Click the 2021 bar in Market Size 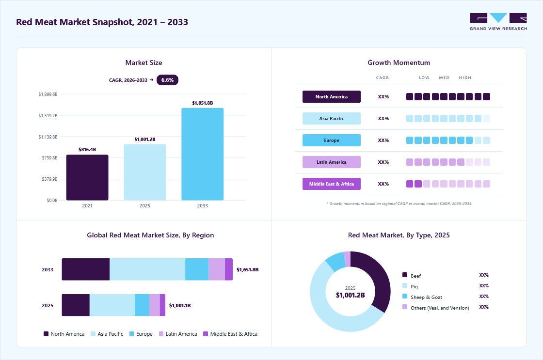click(x=87, y=177)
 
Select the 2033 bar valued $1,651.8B click(x=203, y=154)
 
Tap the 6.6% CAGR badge click(x=167, y=80)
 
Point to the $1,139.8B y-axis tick click(x=48, y=137)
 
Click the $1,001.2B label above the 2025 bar click(x=145, y=139)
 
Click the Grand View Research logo click(x=498, y=22)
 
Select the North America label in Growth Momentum click(x=332, y=96)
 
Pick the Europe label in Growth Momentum click(x=332, y=140)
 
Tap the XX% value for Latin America click(x=383, y=162)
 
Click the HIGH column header click(x=465, y=78)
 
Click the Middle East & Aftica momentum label click(x=332, y=184)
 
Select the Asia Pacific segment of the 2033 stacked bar click(x=147, y=269)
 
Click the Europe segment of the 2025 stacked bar click(x=142, y=305)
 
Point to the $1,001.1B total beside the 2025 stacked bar click(x=180, y=305)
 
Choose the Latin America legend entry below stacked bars click(x=178, y=334)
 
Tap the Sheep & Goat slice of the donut click(x=335, y=261)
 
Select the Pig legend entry click(x=410, y=286)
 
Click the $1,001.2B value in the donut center click(x=350, y=295)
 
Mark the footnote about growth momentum click(x=399, y=203)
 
